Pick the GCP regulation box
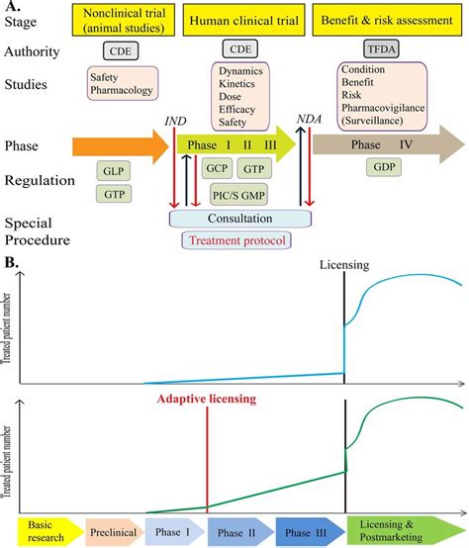point(218,169)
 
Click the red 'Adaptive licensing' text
point(204,400)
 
